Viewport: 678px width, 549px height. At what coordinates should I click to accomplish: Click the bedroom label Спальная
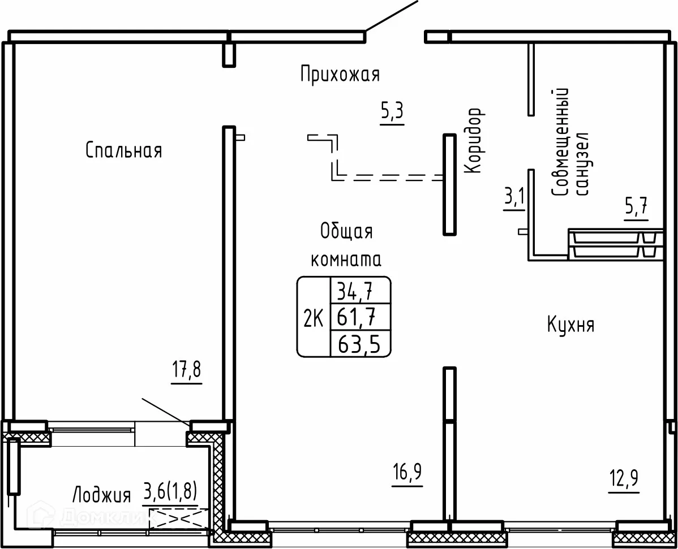click(124, 150)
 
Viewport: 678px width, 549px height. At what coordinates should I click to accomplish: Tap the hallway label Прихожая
click(340, 74)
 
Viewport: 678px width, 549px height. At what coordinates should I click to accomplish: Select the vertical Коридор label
click(474, 141)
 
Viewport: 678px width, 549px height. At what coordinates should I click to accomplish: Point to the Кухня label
click(571, 325)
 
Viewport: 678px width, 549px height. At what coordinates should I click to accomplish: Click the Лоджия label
click(102, 495)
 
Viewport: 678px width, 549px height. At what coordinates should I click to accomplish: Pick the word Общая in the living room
click(346, 231)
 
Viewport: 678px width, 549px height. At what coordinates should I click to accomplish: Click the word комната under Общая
click(346, 260)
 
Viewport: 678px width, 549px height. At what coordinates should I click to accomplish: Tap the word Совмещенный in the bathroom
click(560, 142)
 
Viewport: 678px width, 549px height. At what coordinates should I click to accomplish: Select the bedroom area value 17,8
click(187, 371)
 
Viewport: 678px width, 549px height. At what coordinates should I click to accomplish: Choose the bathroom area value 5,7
click(636, 208)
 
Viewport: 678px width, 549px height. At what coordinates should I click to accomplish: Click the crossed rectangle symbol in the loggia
click(179, 519)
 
